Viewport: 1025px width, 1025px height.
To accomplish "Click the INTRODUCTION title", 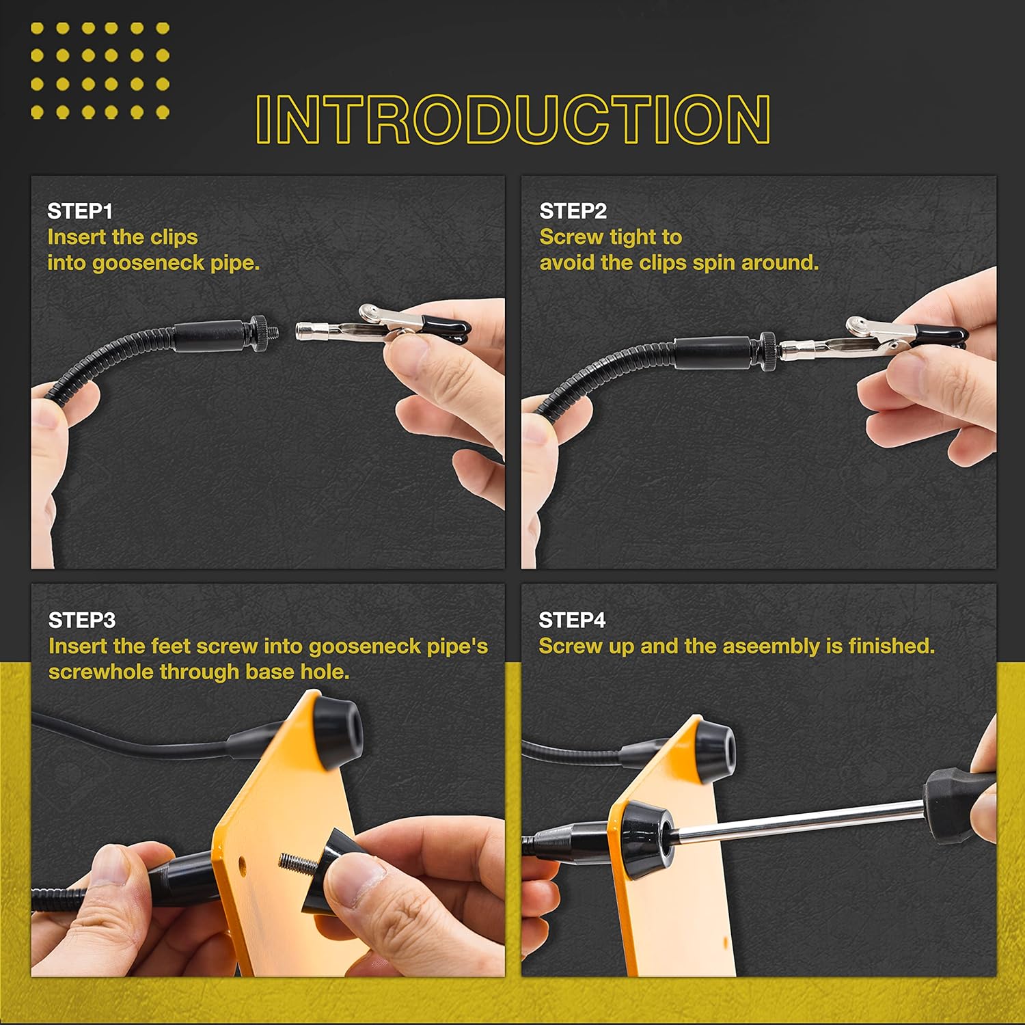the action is [513, 119].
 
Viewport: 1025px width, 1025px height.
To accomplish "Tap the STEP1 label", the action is [80, 211].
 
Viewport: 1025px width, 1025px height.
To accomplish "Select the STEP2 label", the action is [573, 211].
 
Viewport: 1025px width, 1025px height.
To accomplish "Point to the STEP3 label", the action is [82, 620].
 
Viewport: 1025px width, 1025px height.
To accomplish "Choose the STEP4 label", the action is [572, 620].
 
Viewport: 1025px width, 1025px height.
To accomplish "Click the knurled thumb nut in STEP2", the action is [769, 346].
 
